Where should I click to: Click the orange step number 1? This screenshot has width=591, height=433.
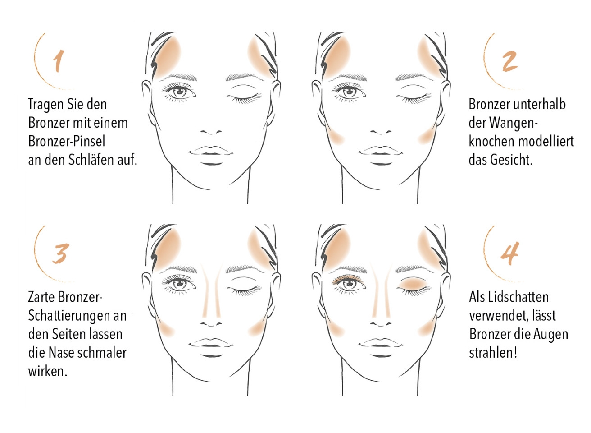tap(59, 61)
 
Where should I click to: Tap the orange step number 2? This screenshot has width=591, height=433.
tap(509, 61)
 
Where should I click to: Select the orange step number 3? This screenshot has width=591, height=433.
tap(60, 253)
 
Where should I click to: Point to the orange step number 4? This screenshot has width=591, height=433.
tap(509, 253)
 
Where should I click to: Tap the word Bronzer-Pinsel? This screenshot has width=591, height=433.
tap(67, 141)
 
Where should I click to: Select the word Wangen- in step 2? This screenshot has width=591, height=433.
tap(513, 123)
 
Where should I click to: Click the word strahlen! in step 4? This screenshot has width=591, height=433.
tap(493, 352)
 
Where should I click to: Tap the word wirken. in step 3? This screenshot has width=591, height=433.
tap(47, 371)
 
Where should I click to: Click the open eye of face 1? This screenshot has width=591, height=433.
tap(179, 92)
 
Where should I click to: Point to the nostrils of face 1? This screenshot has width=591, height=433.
tap(211, 132)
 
